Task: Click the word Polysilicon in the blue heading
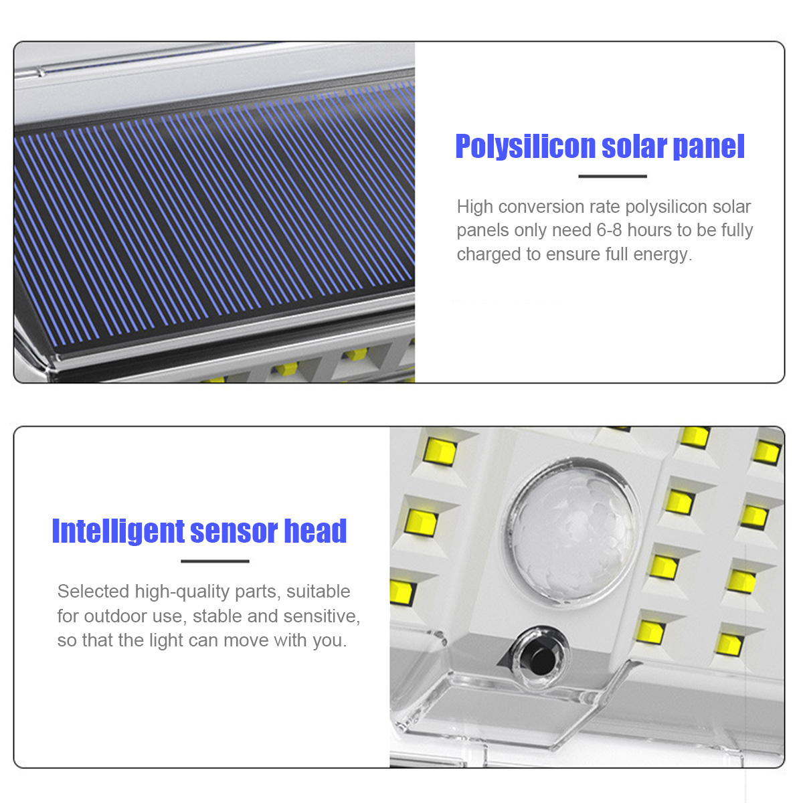pyautogui.click(x=525, y=147)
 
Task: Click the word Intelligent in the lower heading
pyautogui.click(x=118, y=532)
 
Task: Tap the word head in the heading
pyautogui.click(x=315, y=531)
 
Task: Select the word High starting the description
pyautogui.click(x=475, y=207)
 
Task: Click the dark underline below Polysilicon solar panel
pyautogui.click(x=612, y=176)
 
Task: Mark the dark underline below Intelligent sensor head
pyautogui.click(x=215, y=561)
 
